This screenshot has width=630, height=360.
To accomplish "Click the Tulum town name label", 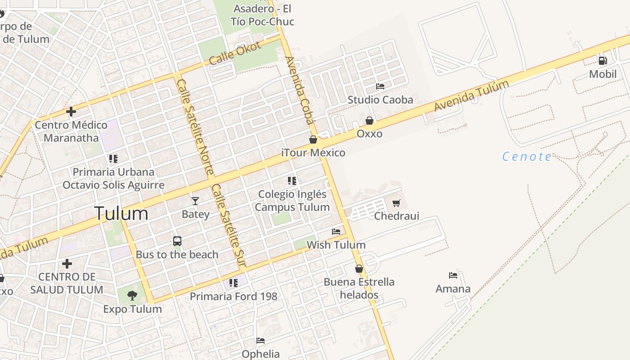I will click(x=121, y=213).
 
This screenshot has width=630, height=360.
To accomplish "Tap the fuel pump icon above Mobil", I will click(x=603, y=60).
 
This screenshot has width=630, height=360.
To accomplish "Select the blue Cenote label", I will click(x=526, y=157).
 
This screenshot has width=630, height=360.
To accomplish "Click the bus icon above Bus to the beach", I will click(x=177, y=241).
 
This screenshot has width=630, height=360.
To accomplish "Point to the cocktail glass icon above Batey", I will click(x=195, y=201).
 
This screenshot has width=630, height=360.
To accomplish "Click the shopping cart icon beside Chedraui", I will click(x=396, y=203).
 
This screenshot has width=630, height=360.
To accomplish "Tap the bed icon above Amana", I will click(x=453, y=275).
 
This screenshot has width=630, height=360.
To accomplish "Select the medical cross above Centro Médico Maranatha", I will click(x=71, y=112).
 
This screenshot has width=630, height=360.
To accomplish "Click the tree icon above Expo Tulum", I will click(x=132, y=296).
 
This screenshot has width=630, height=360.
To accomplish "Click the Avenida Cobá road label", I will click(x=300, y=90).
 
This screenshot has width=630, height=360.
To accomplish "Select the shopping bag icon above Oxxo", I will click(x=369, y=121).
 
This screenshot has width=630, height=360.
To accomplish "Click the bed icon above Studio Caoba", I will click(x=380, y=86).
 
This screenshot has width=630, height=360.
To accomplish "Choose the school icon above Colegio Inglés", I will click(x=292, y=181).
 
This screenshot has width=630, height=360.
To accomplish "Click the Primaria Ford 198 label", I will click(x=234, y=297).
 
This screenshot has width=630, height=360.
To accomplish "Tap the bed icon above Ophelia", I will click(x=261, y=341).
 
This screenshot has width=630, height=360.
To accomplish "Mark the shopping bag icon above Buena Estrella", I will click(x=359, y=269).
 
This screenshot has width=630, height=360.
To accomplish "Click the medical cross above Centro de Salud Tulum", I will click(x=67, y=263).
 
